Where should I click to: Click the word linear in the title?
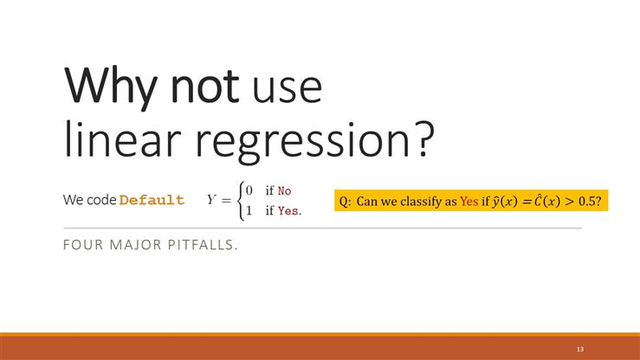pyautogui.click(x=116, y=138)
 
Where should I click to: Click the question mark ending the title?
pyautogui.click(x=420, y=138)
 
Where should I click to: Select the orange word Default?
pyautogui.click(x=152, y=200)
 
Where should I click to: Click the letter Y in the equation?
pyautogui.click(x=211, y=200)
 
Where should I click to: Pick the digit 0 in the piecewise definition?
pyautogui.click(x=249, y=190)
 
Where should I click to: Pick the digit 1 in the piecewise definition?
pyautogui.click(x=249, y=209)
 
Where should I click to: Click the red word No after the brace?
pyautogui.click(x=284, y=190)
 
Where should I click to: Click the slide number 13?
pyautogui.click(x=579, y=348)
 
